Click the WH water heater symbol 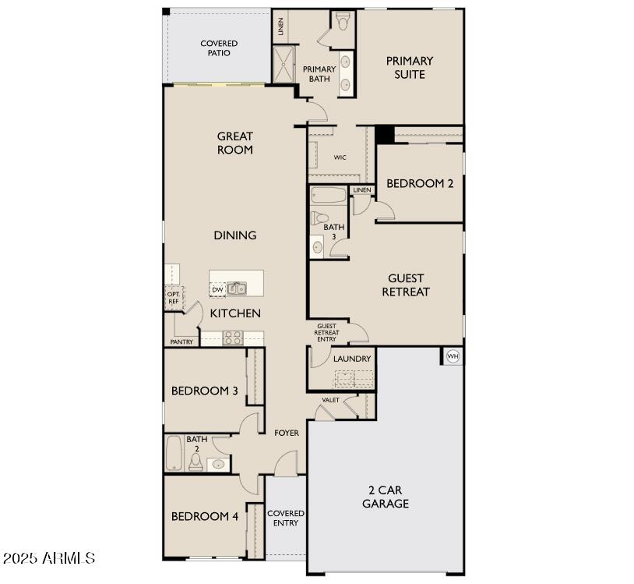453,356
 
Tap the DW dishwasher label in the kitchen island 217,290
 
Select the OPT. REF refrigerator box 174,298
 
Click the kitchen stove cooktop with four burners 233,338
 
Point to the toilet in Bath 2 196,462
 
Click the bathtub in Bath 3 329,196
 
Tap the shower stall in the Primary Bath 284,64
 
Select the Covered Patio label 219,48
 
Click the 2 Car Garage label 386,497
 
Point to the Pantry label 181,342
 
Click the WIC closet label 340,158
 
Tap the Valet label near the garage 330,400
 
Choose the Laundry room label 352,359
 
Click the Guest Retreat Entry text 326,333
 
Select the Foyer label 287,433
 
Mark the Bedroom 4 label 205,516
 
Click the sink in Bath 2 218,464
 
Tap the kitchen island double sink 237,288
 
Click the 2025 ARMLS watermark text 49,558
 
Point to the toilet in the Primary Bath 343,22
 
